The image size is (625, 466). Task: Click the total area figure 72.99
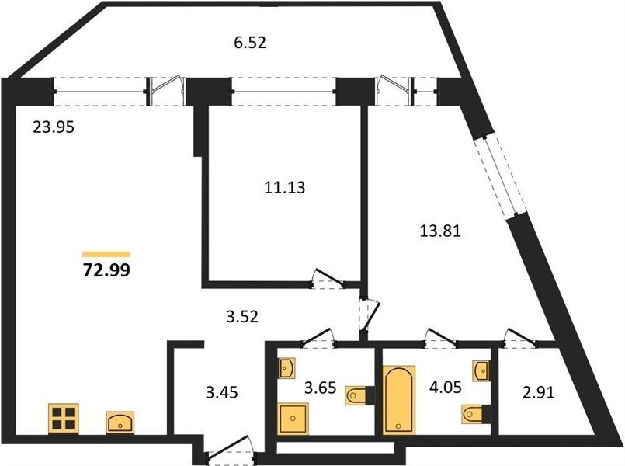coord(106,270)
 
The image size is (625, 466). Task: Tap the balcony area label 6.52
coord(250,42)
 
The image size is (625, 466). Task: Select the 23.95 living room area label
coord(54,127)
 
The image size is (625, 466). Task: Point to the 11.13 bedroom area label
coord(285,187)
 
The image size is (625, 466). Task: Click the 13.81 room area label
coord(440,231)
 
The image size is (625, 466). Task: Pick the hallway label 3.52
coord(242,317)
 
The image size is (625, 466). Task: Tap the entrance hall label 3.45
coord(221,392)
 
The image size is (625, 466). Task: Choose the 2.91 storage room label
coord(538,393)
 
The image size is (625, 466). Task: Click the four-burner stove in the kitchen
coord(64,419)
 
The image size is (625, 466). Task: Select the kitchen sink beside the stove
coord(120,423)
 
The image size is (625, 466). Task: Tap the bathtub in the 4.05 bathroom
coord(399,399)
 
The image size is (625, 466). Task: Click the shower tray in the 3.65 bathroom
coord(293,419)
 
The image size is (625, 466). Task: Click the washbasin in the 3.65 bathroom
coord(286,367)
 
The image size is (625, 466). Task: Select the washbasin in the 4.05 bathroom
coord(482,370)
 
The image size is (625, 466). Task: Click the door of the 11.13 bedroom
coord(327,279)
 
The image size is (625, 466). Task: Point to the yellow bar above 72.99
coord(106,254)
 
